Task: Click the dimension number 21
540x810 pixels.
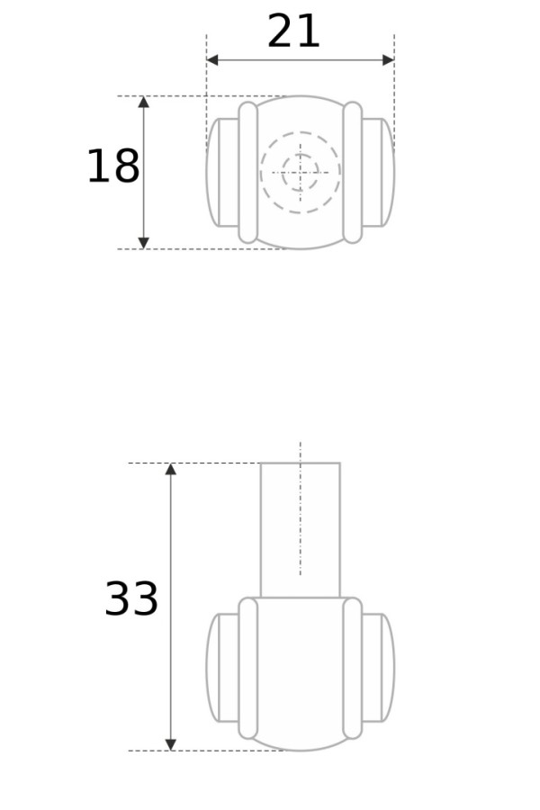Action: point(293,33)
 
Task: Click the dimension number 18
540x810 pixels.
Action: point(112,167)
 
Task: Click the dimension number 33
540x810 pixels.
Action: point(131,599)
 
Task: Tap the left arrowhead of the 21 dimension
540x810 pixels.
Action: point(212,60)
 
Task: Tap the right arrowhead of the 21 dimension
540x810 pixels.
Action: point(388,60)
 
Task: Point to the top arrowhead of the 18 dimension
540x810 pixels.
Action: point(143,103)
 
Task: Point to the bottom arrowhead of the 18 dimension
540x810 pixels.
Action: point(143,242)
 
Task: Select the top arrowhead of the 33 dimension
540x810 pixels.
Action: point(171,470)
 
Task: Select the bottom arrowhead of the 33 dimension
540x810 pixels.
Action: point(171,744)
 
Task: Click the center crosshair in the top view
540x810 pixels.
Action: point(300,172)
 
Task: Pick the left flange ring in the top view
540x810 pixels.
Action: point(248,172)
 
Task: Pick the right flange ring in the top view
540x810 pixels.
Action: point(353,172)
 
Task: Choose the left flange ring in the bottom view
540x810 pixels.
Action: point(248,668)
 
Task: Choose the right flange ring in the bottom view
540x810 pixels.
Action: point(353,668)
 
